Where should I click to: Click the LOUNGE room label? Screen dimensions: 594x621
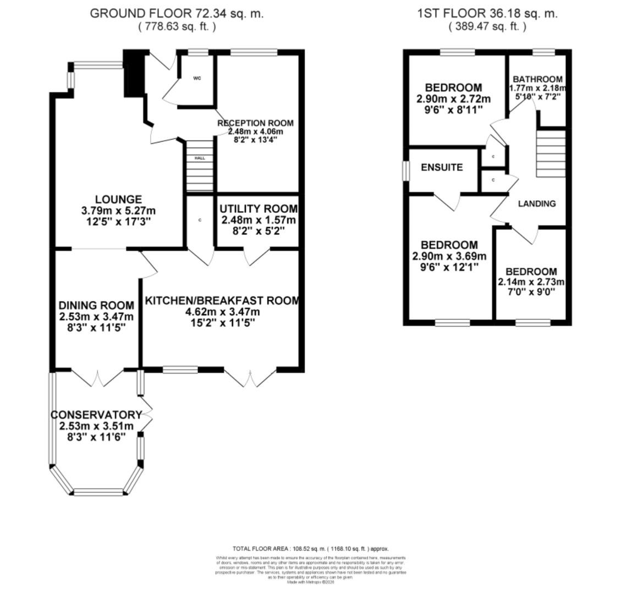118,200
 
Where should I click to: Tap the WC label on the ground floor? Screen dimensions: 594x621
197,79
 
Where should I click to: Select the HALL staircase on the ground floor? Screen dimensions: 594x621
200,166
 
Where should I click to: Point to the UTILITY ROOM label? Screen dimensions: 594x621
258,209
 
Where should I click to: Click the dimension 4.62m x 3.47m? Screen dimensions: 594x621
222,312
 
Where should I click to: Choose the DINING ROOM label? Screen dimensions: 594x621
96,305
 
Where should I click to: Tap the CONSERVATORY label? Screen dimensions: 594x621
96,415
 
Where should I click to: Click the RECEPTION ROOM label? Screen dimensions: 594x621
255,123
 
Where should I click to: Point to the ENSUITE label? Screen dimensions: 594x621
442,168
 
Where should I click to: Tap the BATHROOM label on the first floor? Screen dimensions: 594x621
537,79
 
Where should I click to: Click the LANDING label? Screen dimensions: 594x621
537,204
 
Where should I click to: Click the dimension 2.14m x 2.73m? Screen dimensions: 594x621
531,282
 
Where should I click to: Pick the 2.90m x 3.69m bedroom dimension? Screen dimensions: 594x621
449,256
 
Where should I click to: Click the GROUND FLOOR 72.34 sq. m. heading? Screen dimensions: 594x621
177,14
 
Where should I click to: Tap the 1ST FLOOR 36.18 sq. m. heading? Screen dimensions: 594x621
487,14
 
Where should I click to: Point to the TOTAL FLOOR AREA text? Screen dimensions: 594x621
310,548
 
